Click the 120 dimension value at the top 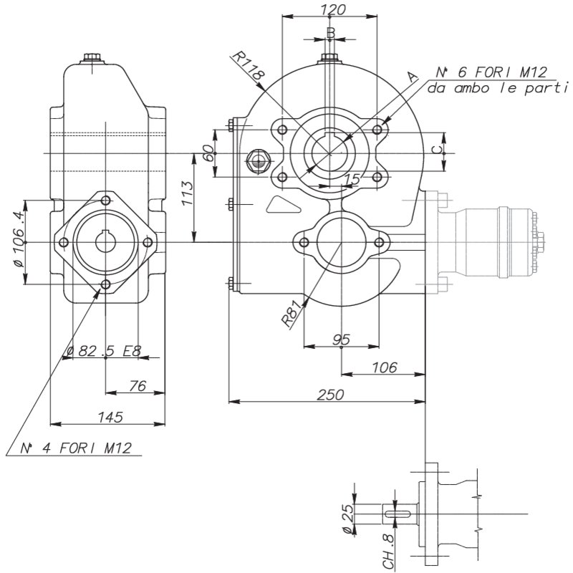pyautogui.click(x=332, y=10)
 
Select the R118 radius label pyautogui.click(x=248, y=66)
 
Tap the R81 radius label pyautogui.click(x=292, y=314)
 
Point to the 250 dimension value pyautogui.click(x=330, y=395)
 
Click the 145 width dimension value pyautogui.click(x=111, y=417)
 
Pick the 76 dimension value pyautogui.click(x=138, y=386)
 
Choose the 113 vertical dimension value pyautogui.click(x=188, y=193)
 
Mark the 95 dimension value pyautogui.click(x=342, y=340)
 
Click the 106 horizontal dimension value pyautogui.click(x=385, y=367)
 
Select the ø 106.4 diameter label pyautogui.click(x=19, y=239)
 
